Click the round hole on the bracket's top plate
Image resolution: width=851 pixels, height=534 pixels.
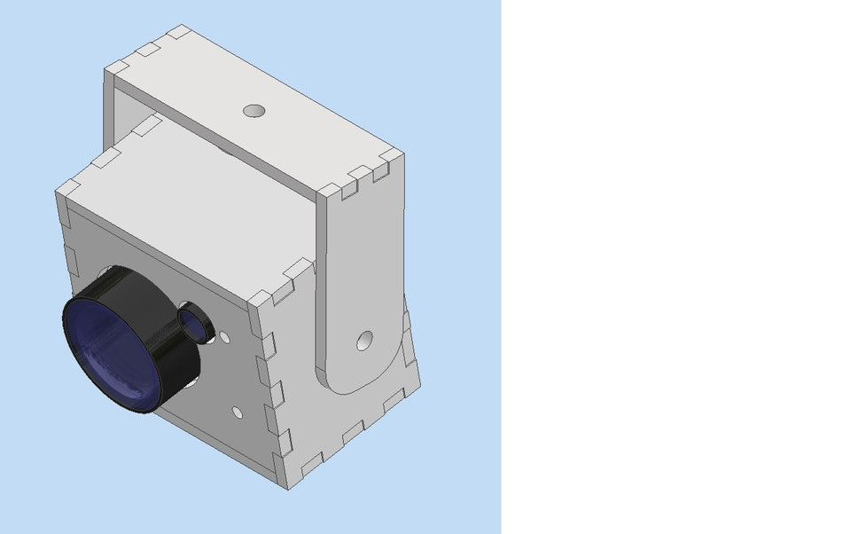coord(254,111)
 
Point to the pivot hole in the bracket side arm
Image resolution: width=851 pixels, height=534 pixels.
coord(364,341)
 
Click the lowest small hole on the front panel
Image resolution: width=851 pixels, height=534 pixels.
coord(238,412)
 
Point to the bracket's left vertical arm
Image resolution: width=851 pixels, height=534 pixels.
coord(110,106)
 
